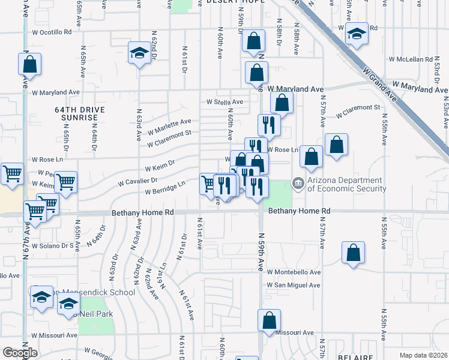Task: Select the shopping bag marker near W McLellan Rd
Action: click(x=256, y=73)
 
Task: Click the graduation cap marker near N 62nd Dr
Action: click(x=139, y=54)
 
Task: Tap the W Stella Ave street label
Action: click(x=224, y=102)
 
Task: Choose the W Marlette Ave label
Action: click(x=169, y=125)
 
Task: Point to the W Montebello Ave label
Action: click(x=294, y=272)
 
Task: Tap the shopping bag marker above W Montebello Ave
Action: click(x=354, y=253)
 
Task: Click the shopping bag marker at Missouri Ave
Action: click(x=269, y=320)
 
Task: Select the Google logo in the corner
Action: click(x=20, y=353)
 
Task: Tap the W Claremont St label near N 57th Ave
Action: click(x=358, y=111)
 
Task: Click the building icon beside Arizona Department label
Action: click(x=298, y=183)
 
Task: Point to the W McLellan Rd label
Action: click(x=411, y=59)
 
